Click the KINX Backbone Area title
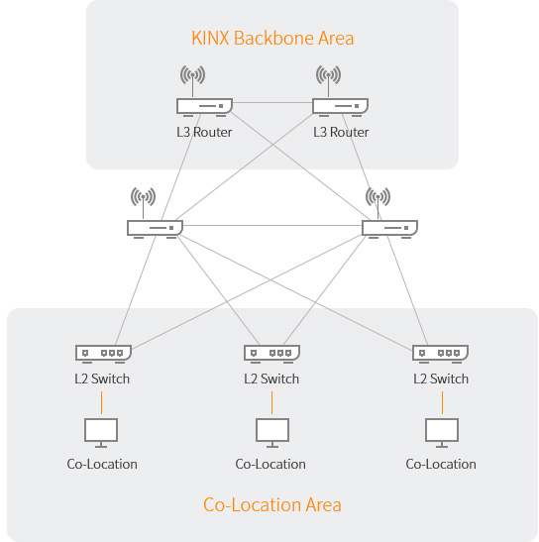point(272,38)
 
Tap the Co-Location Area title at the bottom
point(272,504)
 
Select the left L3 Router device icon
point(204,107)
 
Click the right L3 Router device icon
point(340,107)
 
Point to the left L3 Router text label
point(204,132)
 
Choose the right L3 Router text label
point(341,132)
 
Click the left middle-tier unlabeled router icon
point(155,230)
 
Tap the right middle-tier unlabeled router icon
point(389,230)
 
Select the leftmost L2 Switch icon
point(103,354)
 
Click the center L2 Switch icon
point(271,354)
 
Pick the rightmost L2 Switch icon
point(441,354)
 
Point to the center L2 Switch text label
point(271,379)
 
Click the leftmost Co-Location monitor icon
point(101,433)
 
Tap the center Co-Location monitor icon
point(272,433)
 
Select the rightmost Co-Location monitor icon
point(442,433)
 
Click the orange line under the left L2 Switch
point(101,402)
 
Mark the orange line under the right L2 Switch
point(442,402)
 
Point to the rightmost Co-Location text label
point(441,465)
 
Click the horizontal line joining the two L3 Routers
point(272,102)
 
